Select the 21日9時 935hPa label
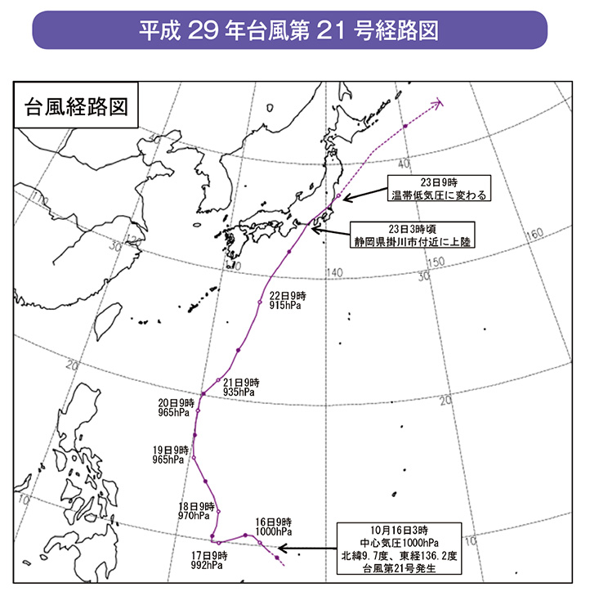[240, 387]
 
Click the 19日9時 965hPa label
[172, 455]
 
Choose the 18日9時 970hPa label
[196, 511]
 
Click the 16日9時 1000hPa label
[274, 527]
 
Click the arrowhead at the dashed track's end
[438, 104]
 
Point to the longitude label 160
[536, 235]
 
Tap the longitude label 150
[436, 262]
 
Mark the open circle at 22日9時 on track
[259, 302]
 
